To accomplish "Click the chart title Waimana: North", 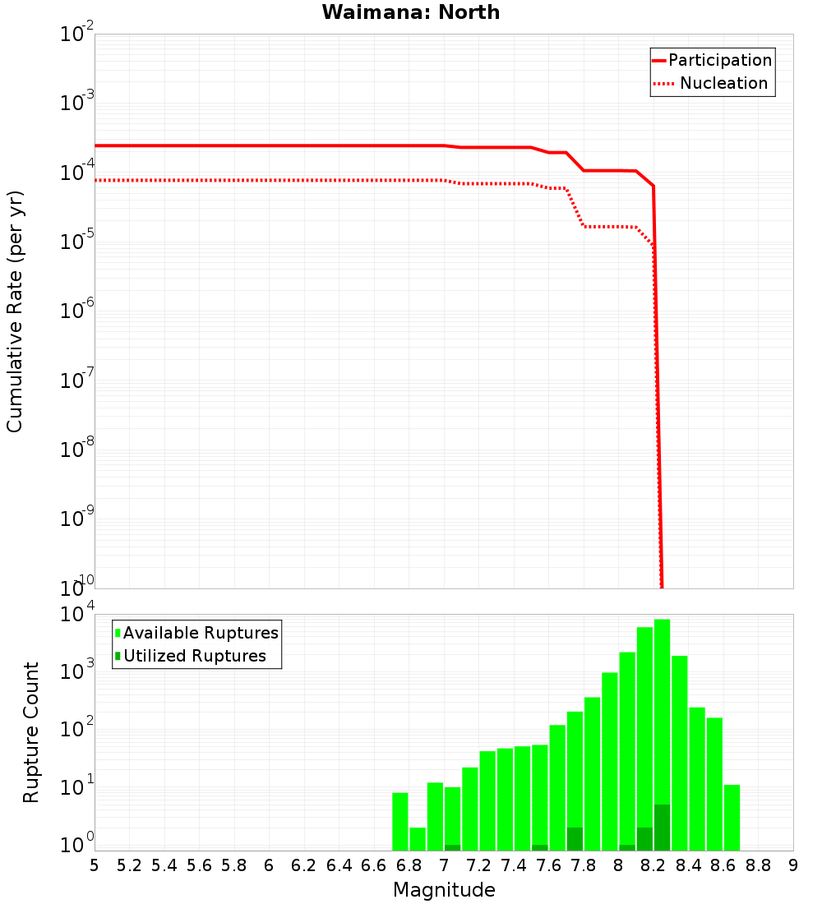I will tap(411, 12).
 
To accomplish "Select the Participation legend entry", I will tap(719, 61).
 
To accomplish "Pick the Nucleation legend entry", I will tap(723, 84).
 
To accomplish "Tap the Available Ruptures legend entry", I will tap(201, 634).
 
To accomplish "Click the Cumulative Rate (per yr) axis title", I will tap(15, 312).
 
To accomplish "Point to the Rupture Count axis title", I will tap(31, 733).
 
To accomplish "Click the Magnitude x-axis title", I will tap(444, 890).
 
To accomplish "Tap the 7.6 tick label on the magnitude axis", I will tap(549, 865).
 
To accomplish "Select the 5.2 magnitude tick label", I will tap(129, 865).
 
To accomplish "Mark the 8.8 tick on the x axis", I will tap(759, 865).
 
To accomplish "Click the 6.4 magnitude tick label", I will tap(339, 865).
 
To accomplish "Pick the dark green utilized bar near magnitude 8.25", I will tap(662, 828).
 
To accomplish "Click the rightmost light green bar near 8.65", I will tap(732, 818).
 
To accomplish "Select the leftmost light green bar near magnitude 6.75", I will tap(399, 822).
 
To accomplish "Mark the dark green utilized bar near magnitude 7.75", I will tap(575, 839).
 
